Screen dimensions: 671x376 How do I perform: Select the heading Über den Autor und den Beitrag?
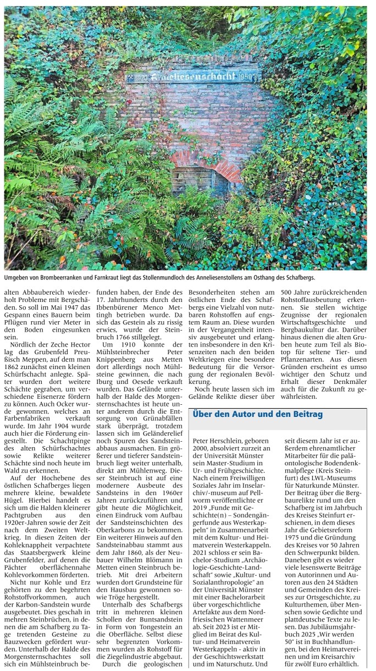[x=258, y=414]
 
